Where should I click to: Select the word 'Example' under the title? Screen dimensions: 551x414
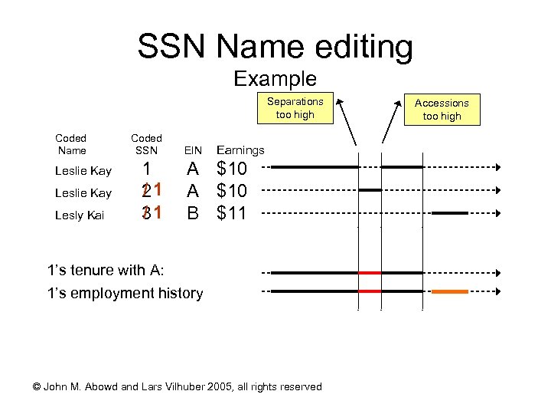275,79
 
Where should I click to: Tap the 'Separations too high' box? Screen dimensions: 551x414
295,108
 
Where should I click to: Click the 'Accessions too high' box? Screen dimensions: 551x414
442,109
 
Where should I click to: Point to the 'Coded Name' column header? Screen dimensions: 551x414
71,145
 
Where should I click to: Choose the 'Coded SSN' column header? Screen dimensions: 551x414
146,145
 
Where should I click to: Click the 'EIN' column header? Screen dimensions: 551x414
194,151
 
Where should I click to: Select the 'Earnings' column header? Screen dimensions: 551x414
241,151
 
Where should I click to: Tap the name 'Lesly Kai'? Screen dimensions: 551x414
80,215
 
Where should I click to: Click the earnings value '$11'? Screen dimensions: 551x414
232,213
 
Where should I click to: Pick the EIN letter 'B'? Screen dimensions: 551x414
194,213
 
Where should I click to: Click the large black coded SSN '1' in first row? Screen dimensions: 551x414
151,169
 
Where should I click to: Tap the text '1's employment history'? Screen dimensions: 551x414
125,293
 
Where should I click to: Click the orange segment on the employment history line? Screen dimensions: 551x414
450,291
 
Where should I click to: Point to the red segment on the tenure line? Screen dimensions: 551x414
370,272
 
